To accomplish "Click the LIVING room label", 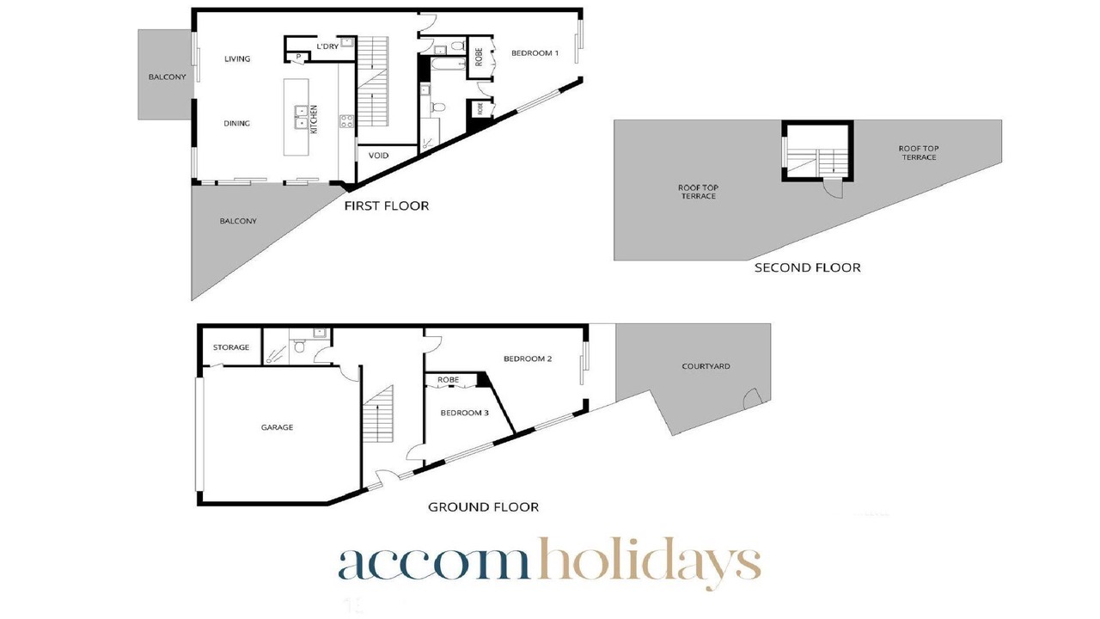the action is pyautogui.click(x=237, y=59).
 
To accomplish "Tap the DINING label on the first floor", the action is pyautogui.click(x=236, y=123).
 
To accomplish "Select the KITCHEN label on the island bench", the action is pyautogui.click(x=314, y=120).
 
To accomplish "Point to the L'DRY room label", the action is pyautogui.click(x=327, y=46).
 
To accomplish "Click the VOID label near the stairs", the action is pyautogui.click(x=378, y=156).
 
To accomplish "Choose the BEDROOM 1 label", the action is pyautogui.click(x=535, y=53).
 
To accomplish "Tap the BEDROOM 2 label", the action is pyautogui.click(x=528, y=359).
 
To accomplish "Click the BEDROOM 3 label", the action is pyautogui.click(x=464, y=414).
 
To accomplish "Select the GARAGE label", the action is pyautogui.click(x=277, y=428).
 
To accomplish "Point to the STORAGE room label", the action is pyautogui.click(x=231, y=347).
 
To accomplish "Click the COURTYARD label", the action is pyautogui.click(x=706, y=366).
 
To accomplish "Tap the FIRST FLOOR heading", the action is pyautogui.click(x=387, y=205).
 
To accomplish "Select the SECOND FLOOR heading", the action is pyautogui.click(x=807, y=267).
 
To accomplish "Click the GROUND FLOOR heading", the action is pyautogui.click(x=483, y=507).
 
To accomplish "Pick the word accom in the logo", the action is pyautogui.click(x=434, y=564).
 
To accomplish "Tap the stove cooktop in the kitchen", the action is pyautogui.click(x=346, y=121).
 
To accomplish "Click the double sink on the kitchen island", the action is pyautogui.click(x=301, y=117).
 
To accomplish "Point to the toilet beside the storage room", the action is pyautogui.click(x=299, y=346).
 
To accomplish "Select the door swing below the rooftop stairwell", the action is pyautogui.click(x=834, y=188).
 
